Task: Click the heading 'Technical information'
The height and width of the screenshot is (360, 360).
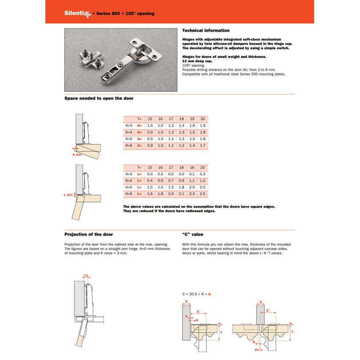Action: [206, 30]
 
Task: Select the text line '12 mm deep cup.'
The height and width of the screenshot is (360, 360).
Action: [197, 61]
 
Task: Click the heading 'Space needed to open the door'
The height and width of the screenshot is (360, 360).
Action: [99, 98]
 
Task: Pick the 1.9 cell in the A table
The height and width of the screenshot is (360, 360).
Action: [202, 126]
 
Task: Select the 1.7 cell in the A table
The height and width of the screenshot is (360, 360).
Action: [202, 146]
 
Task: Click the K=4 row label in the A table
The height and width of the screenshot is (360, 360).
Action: [129, 133]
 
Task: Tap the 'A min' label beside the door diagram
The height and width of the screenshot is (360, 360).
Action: [77, 155]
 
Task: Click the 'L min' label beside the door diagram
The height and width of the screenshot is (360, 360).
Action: [68, 195]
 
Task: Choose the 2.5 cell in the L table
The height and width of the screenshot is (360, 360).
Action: [202, 194]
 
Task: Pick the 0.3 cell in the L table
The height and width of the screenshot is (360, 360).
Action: [202, 174]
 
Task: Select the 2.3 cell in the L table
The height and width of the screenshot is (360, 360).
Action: [192, 194]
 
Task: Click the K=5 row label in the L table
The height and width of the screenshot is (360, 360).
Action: [129, 187]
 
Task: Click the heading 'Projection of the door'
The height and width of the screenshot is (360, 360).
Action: [89, 234]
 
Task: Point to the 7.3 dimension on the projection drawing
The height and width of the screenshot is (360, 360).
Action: [86, 276]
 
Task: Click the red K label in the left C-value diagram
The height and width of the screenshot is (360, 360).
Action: [197, 320]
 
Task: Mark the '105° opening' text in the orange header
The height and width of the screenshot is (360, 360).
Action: [140, 14]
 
